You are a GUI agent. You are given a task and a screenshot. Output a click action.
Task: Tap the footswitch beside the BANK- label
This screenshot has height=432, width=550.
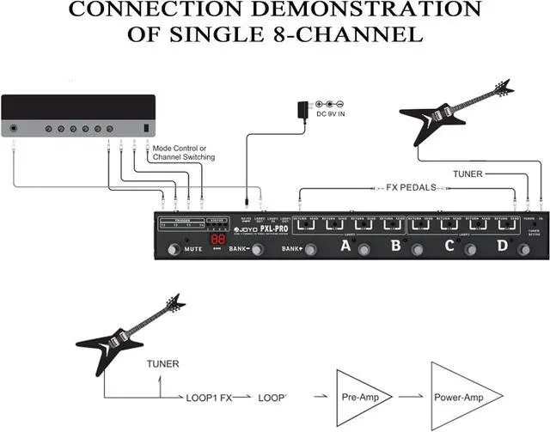[x=255, y=250]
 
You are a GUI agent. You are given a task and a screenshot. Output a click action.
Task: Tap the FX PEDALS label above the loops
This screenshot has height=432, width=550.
[x=401, y=186]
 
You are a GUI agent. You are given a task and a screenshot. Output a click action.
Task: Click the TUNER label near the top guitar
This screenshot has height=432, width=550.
[x=468, y=173]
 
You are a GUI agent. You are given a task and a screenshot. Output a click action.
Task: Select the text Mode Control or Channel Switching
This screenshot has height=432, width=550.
[x=183, y=153]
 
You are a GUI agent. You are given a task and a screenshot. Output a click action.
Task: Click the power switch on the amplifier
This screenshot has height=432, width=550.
[x=147, y=129]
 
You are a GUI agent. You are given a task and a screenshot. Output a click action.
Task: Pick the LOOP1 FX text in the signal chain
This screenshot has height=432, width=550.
[x=208, y=397]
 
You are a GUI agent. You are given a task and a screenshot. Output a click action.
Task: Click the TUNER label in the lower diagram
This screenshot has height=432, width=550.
[x=163, y=364]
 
